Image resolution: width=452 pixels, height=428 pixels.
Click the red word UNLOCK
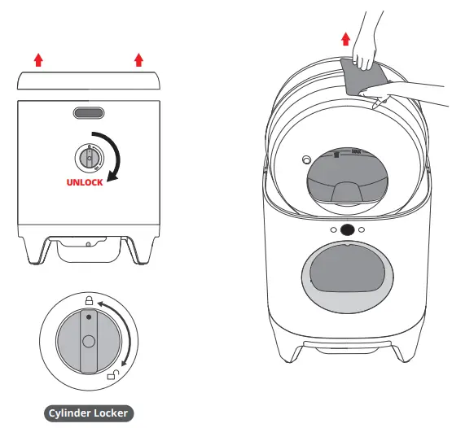[x=84, y=182]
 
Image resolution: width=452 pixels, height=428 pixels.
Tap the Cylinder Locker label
[x=89, y=413]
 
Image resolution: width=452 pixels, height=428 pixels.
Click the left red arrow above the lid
[x=37, y=59]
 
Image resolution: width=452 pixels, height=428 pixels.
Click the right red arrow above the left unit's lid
[x=138, y=59]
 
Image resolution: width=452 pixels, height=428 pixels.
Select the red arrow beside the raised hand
[x=346, y=38]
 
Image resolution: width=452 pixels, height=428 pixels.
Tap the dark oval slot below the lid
[x=89, y=113]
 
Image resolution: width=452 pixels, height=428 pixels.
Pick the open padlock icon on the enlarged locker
[x=112, y=376]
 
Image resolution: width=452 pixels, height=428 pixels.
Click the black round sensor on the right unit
[x=348, y=230]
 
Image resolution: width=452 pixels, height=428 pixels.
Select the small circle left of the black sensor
[x=332, y=230]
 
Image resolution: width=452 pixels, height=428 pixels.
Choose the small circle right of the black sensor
[x=363, y=230]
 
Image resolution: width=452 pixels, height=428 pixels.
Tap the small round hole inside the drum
[x=306, y=159]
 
